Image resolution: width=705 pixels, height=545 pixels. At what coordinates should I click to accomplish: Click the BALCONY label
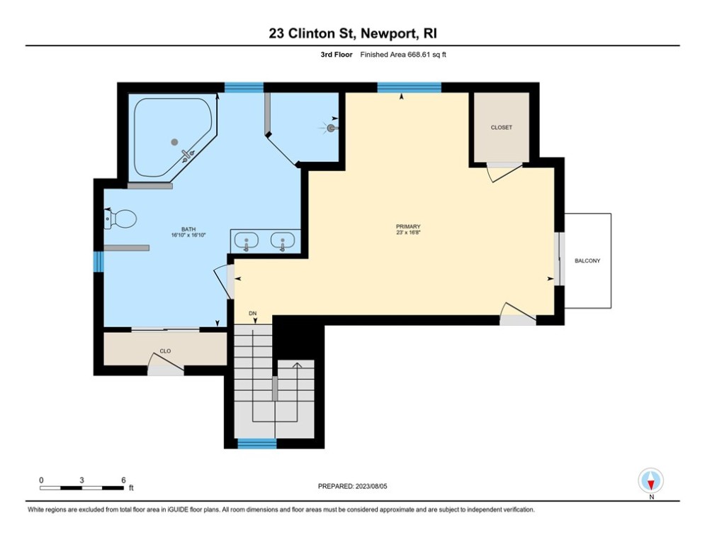pyautogui.click(x=587, y=260)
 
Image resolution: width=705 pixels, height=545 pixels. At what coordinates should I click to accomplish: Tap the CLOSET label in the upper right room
pyautogui.click(x=502, y=128)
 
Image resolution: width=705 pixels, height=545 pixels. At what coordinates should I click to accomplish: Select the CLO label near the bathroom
pyautogui.click(x=165, y=351)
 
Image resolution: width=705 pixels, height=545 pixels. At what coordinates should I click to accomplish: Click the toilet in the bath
pyautogui.click(x=120, y=219)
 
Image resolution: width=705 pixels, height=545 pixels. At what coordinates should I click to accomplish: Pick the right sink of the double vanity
pyautogui.click(x=283, y=241)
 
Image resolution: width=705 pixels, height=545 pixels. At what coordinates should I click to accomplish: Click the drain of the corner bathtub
pyautogui.click(x=174, y=142)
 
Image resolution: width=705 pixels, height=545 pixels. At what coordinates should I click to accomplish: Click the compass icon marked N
pyautogui.click(x=650, y=480)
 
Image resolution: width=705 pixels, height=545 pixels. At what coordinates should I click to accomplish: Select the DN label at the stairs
pyautogui.click(x=253, y=313)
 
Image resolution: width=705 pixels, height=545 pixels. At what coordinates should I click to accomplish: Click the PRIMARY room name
pyautogui.click(x=408, y=226)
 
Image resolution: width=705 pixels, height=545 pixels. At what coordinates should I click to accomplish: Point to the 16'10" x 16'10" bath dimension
pyautogui.click(x=188, y=235)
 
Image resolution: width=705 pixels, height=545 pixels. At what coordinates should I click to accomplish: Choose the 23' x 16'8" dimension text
pyautogui.click(x=408, y=233)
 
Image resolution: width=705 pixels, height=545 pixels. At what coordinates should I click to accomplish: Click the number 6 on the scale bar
pyautogui.click(x=123, y=480)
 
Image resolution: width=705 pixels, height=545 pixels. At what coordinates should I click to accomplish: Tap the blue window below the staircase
pyautogui.click(x=256, y=444)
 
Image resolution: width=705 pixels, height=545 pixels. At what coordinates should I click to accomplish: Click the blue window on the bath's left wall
pyautogui.click(x=98, y=262)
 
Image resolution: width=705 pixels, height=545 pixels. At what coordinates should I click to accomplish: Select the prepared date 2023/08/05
pyautogui.click(x=371, y=486)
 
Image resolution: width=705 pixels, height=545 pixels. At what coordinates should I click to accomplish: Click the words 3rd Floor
pyautogui.click(x=337, y=55)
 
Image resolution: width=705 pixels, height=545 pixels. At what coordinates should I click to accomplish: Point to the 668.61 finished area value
pyautogui.click(x=419, y=55)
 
